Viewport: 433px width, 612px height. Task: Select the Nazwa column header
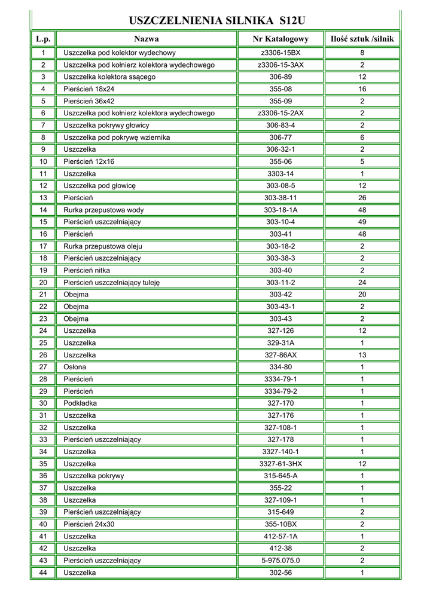pos(147,39)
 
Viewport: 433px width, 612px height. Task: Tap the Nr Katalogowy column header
pos(280,39)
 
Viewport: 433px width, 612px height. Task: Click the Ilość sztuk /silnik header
pos(362,39)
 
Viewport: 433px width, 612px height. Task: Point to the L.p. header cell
pos(43,39)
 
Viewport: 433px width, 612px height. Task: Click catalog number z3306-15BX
pos(280,53)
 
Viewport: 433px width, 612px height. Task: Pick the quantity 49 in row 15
pos(362,222)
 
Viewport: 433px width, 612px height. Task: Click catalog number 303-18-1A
pos(280,210)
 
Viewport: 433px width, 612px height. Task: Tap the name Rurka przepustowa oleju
pos(103,246)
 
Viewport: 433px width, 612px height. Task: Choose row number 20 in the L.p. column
pos(43,282)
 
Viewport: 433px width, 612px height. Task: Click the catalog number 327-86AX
pos(280,354)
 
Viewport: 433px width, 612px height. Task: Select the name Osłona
pos(75,367)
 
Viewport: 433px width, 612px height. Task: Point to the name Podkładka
pos(80,403)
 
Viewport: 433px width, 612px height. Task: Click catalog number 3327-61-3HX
pos(280,463)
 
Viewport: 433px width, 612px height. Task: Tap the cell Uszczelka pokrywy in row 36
pos(94,476)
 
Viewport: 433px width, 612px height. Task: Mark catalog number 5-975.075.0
pos(280,560)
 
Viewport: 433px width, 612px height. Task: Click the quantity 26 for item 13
pos(362,198)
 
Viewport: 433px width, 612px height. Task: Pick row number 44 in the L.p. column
pos(43,572)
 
